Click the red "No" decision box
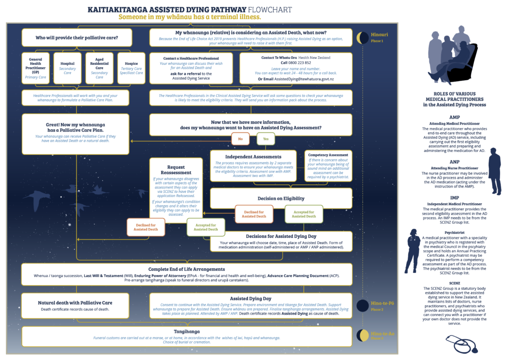tap(241, 139)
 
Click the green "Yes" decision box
tap(265, 139)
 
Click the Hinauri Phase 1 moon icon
tap(362, 37)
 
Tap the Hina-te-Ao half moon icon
tap(362, 336)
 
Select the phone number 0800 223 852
tap(299, 63)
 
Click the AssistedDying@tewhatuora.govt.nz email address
tap(303, 79)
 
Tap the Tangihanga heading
tap(186, 331)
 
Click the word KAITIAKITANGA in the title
tap(121, 9)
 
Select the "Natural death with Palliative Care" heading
tap(75, 303)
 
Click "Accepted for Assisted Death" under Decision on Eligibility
tap(303, 214)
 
